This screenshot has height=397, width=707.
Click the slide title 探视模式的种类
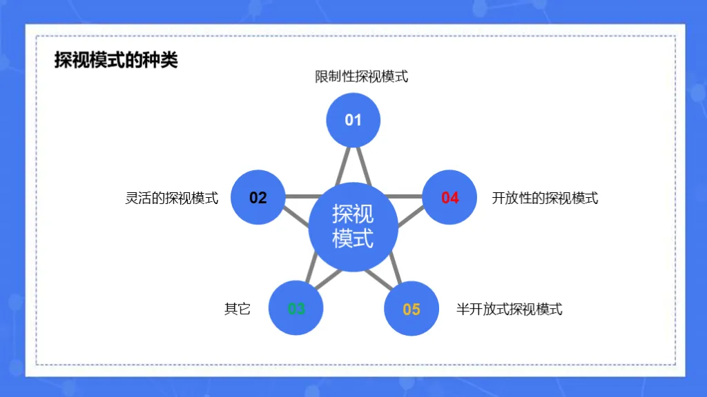(116, 61)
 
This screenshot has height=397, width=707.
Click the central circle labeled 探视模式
(353, 227)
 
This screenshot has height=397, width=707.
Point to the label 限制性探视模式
(362, 77)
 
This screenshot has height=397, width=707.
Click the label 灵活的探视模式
(172, 198)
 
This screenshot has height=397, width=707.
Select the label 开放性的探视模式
(545, 198)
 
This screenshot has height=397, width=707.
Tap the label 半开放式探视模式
(510, 309)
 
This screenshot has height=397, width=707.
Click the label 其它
(238, 309)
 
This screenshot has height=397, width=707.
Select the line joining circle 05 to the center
(378, 276)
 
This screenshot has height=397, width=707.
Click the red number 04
(450, 198)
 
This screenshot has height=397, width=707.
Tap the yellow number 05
(411, 309)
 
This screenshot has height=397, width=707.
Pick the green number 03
(296, 309)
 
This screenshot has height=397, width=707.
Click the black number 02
(258, 198)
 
